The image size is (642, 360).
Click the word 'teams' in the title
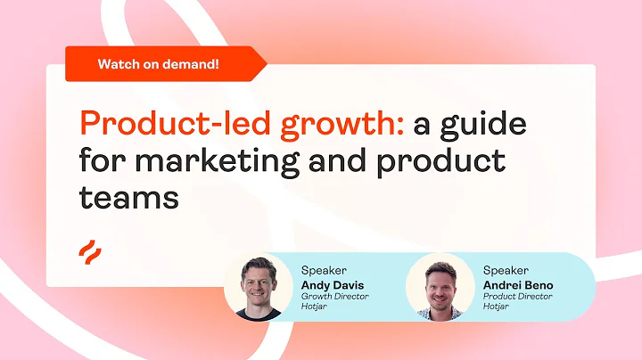[129, 198]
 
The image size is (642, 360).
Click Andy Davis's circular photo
[258, 286]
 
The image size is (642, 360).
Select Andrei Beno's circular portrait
[440, 286]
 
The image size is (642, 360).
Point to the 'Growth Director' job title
[334, 297]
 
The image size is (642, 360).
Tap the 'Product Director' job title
[518, 297]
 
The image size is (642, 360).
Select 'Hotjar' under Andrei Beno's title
[497, 307]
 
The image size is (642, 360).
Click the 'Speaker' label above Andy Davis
[323, 269]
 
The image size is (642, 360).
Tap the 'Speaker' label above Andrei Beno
[506, 269]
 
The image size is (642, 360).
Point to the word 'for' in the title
[98, 160]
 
